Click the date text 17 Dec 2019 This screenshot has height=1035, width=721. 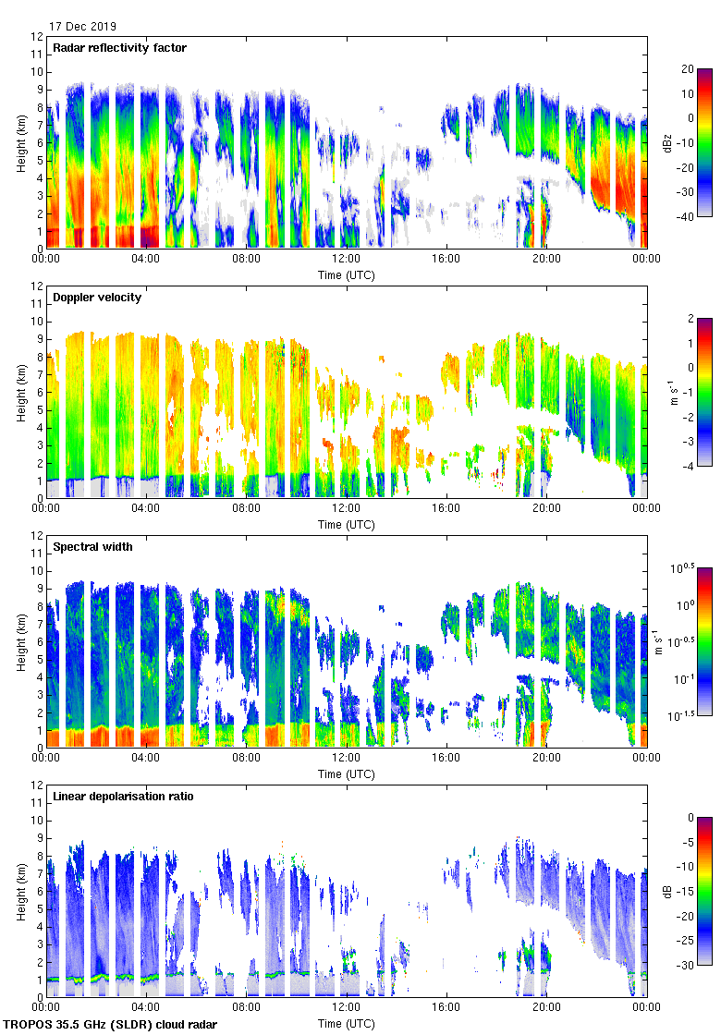coord(83,27)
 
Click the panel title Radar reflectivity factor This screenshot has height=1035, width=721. coord(120,48)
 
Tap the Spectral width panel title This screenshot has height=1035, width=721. coord(92,547)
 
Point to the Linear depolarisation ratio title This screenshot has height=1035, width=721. coord(123,797)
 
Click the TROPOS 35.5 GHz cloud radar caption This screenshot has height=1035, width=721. coord(111,1025)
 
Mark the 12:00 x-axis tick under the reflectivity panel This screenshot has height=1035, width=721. coord(347,260)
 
